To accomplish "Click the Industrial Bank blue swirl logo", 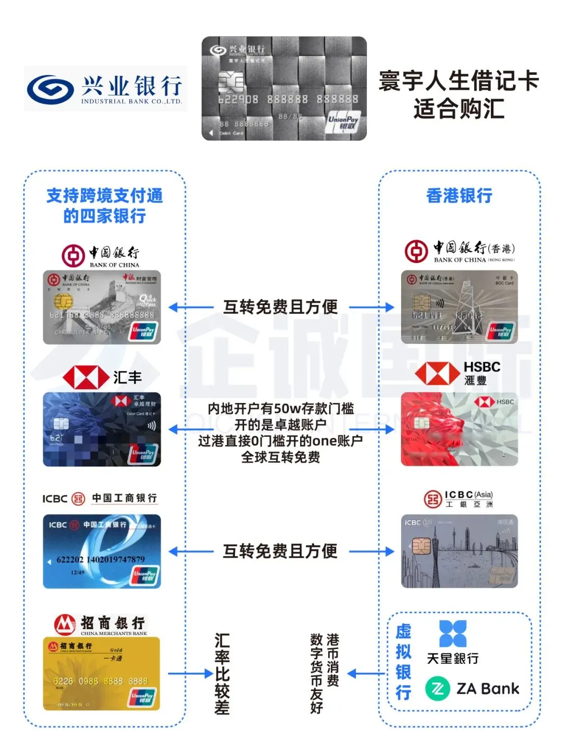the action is pyautogui.click(x=50, y=89).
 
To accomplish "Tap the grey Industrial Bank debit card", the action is pyautogui.click(x=284, y=89).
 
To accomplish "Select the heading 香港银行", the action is pyautogui.click(x=459, y=196).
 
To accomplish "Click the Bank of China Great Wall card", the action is pyautogui.click(x=102, y=307).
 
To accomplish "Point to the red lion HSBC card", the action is pyautogui.click(x=459, y=429).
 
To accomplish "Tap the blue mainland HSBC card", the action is pyautogui.click(x=102, y=430).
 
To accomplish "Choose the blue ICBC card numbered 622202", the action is pyautogui.click(x=102, y=551).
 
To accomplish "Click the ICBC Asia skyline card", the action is pyautogui.click(x=459, y=551).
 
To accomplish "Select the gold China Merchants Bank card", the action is pyautogui.click(x=101, y=674).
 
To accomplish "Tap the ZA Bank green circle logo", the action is pyautogui.click(x=438, y=689).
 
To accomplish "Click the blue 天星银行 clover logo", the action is pyautogui.click(x=453, y=633).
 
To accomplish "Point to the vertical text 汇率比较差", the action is pyautogui.click(x=222, y=674).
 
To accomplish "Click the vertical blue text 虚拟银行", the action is pyautogui.click(x=404, y=662).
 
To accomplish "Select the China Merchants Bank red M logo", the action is pyautogui.click(x=64, y=625).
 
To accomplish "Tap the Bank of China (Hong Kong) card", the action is pyautogui.click(x=459, y=307).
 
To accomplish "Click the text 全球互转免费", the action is pyautogui.click(x=280, y=458).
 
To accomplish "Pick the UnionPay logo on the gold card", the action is pyautogui.click(x=142, y=698).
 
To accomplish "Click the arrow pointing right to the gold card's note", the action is pyautogui.click(x=190, y=674).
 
